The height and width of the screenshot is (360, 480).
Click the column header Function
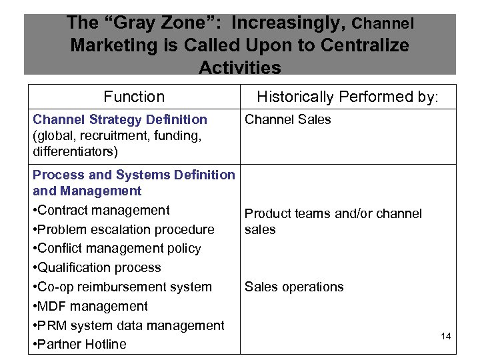[134, 97]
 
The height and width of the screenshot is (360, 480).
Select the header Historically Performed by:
[348, 97]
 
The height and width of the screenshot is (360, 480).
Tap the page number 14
[446, 336]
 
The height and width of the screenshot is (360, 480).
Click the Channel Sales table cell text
[287, 119]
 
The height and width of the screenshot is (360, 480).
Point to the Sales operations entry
[294, 287]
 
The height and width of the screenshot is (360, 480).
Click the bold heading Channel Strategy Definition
[120, 119]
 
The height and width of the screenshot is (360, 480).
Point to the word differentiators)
[75, 151]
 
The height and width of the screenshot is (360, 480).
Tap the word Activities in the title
[240, 67]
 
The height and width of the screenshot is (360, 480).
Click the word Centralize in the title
[371, 45]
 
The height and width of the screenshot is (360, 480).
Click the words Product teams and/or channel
[333, 213]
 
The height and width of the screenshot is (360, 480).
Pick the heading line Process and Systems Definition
[133, 175]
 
